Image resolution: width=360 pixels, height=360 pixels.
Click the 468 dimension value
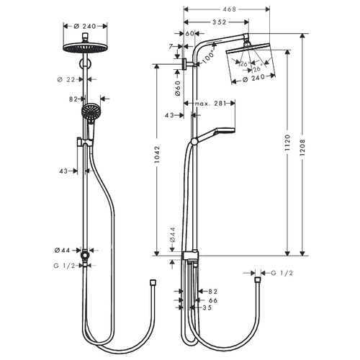230,9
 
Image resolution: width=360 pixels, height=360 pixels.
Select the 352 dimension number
220,22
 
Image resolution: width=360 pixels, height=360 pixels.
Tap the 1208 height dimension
302,148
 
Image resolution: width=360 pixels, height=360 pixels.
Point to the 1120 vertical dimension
287,143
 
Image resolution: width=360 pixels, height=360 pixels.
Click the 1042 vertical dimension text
157,155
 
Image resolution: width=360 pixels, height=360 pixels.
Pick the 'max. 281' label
210,104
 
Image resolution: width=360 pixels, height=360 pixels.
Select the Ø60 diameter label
178,89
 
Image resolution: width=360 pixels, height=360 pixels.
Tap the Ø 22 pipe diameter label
66,79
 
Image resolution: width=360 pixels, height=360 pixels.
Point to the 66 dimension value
213,300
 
